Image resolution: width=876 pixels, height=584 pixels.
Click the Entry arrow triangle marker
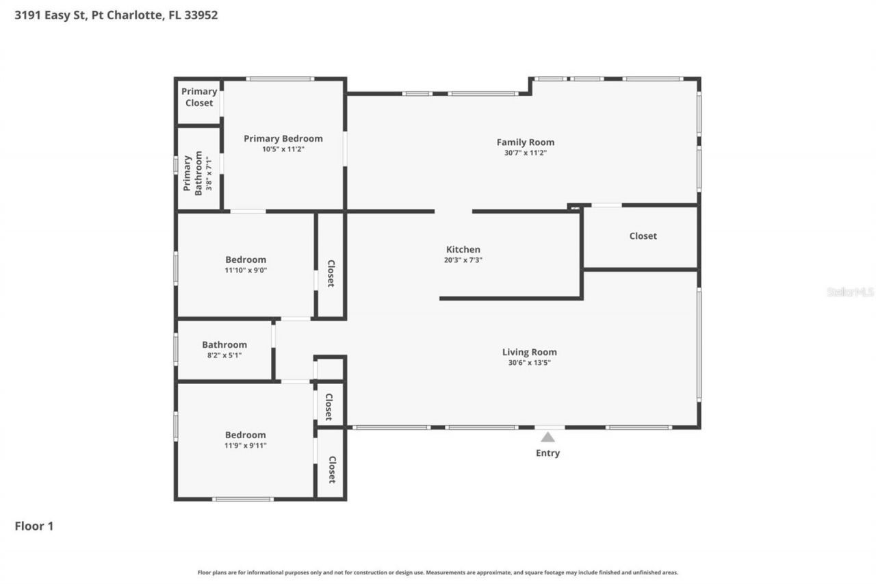pos(547,437)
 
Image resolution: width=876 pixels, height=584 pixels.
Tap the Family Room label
pos(525,142)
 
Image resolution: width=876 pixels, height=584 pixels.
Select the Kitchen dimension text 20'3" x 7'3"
pos(463,260)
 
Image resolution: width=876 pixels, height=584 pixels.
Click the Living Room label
pos(529,353)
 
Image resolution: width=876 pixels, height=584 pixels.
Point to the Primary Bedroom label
pos(283,138)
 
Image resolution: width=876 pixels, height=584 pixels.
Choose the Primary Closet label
pos(199,97)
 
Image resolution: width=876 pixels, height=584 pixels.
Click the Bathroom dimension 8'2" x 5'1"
pos(224,355)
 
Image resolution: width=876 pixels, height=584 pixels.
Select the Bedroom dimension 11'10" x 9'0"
pos(246,270)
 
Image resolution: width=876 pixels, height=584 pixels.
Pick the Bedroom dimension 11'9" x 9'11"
pos(246,446)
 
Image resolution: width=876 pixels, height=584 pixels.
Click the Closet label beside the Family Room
pos(643,236)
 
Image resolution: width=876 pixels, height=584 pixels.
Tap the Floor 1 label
pos(34,526)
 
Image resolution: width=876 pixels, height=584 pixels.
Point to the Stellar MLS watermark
pos(850,292)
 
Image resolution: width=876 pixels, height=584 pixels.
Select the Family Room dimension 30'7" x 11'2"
pos(525,153)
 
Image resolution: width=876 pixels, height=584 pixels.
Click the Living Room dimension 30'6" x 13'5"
pos(529,363)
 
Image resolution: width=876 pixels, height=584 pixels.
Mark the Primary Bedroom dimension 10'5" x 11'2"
pos(283,149)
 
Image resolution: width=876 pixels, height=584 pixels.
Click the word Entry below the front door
pos(547,453)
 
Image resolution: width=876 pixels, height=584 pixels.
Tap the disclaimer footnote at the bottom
pos(438,572)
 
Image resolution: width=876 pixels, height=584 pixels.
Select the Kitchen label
pos(463,250)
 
